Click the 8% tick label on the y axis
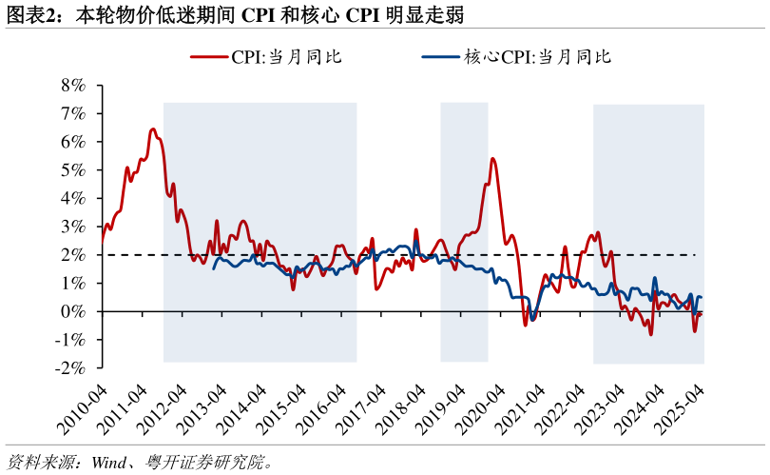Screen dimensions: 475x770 pos(73,85)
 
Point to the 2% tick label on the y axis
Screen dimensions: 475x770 pos(73,255)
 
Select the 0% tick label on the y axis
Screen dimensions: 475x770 pos(73,311)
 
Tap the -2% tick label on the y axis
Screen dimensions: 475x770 pos(70,368)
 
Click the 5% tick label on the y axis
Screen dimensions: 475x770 pos(73,169)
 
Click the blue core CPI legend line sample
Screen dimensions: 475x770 pos(440,57)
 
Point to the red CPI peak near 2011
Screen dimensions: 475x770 pos(152,129)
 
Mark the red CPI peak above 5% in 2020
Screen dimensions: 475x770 pos(492,158)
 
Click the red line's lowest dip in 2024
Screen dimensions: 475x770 pos(650,334)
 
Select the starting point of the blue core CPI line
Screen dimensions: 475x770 pos(213,268)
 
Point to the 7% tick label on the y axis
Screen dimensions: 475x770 pos(73,113)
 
